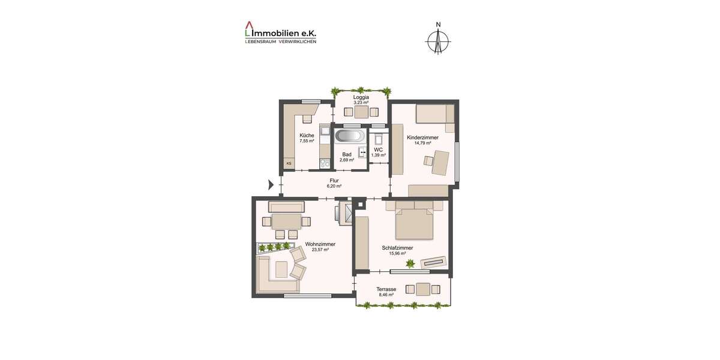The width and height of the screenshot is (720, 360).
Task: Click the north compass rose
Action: click(x=439, y=40)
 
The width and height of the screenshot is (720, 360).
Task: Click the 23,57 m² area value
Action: click(x=320, y=250)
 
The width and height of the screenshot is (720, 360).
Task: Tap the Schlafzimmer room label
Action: click(x=398, y=247)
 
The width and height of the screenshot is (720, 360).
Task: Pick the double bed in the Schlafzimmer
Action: click(x=414, y=223)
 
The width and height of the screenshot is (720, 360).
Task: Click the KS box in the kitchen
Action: click(x=289, y=163)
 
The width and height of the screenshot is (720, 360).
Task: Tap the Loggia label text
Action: click(x=361, y=97)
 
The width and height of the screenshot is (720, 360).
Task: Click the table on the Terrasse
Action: click(x=423, y=289)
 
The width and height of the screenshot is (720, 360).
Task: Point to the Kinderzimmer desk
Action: click(x=442, y=162)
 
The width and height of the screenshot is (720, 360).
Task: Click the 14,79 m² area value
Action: click(x=426, y=143)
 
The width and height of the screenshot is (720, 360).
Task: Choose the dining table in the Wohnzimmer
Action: click(x=286, y=221)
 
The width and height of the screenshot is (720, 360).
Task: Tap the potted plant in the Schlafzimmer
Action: click(x=410, y=263)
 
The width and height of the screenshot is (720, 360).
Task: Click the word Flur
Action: click(x=334, y=181)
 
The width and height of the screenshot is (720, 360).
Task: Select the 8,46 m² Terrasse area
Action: click(x=386, y=295)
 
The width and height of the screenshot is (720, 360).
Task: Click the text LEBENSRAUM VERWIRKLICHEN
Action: click(x=280, y=41)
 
